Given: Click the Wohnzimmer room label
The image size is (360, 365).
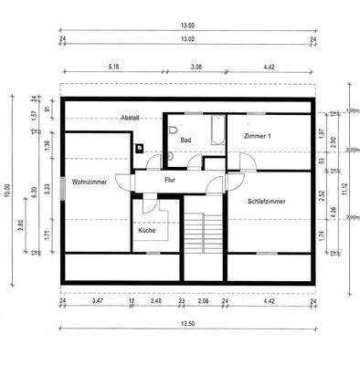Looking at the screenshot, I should (x=89, y=182).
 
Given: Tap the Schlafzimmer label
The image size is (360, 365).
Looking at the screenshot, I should (x=268, y=200).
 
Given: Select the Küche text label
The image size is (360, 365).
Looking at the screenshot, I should (x=146, y=231).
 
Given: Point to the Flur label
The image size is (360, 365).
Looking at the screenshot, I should (x=169, y=180).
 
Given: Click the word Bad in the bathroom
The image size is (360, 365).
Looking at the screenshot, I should (x=185, y=140).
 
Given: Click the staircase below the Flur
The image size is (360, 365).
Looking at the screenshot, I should (x=202, y=237).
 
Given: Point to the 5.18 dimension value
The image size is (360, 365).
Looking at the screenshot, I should (x=114, y=67).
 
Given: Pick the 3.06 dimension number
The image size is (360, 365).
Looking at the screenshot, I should (x=196, y=67).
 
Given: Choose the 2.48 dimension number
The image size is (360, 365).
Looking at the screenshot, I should (x=156, y=300).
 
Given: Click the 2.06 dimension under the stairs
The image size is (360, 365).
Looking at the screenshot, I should (x=204, y=300).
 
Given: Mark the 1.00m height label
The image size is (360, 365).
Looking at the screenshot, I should (x=353, y=110).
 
